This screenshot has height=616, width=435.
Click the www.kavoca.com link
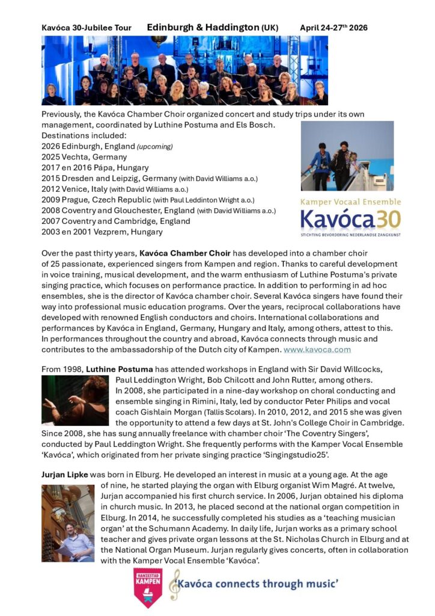pos(317,349)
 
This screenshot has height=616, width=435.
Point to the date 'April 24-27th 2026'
pos(333,28)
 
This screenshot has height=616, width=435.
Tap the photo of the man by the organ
pos(68,523)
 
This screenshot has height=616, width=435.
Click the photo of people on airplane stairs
pos(347,156)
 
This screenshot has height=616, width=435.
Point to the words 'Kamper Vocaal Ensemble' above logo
pos(350,202)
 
